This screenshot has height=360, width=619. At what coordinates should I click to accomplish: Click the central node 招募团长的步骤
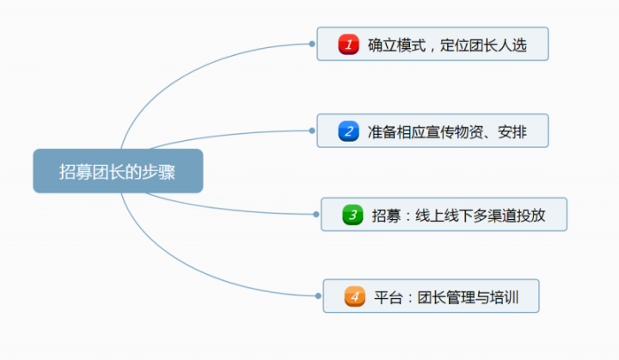pyautogui.click(x=118, y=171)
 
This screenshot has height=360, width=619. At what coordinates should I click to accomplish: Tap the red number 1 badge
pyautogui.click(x=348, y=45)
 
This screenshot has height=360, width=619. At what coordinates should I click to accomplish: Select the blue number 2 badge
pyautogui.click(x=348, y=131)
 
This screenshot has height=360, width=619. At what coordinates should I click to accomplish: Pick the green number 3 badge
pyautogui.click(x=352, y=215)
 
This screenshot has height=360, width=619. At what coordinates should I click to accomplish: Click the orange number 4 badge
pyautogui.click(x=354, y=297)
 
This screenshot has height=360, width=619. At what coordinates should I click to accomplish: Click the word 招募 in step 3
pyautogui.click(x=386, y=216)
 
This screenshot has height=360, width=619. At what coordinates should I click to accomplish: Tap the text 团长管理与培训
pyautogui.click(x=467, y=298)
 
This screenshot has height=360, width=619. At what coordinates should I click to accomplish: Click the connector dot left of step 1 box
pyautogui.click(x=312, y=43)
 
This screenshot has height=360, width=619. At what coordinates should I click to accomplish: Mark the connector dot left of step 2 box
pyautogui.click(x=312, y=131)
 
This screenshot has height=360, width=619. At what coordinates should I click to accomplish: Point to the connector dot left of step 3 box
pyautogui.click(x=316, y=214)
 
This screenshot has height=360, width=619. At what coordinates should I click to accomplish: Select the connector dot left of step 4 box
pyautogui.click(x=318, y=296)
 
